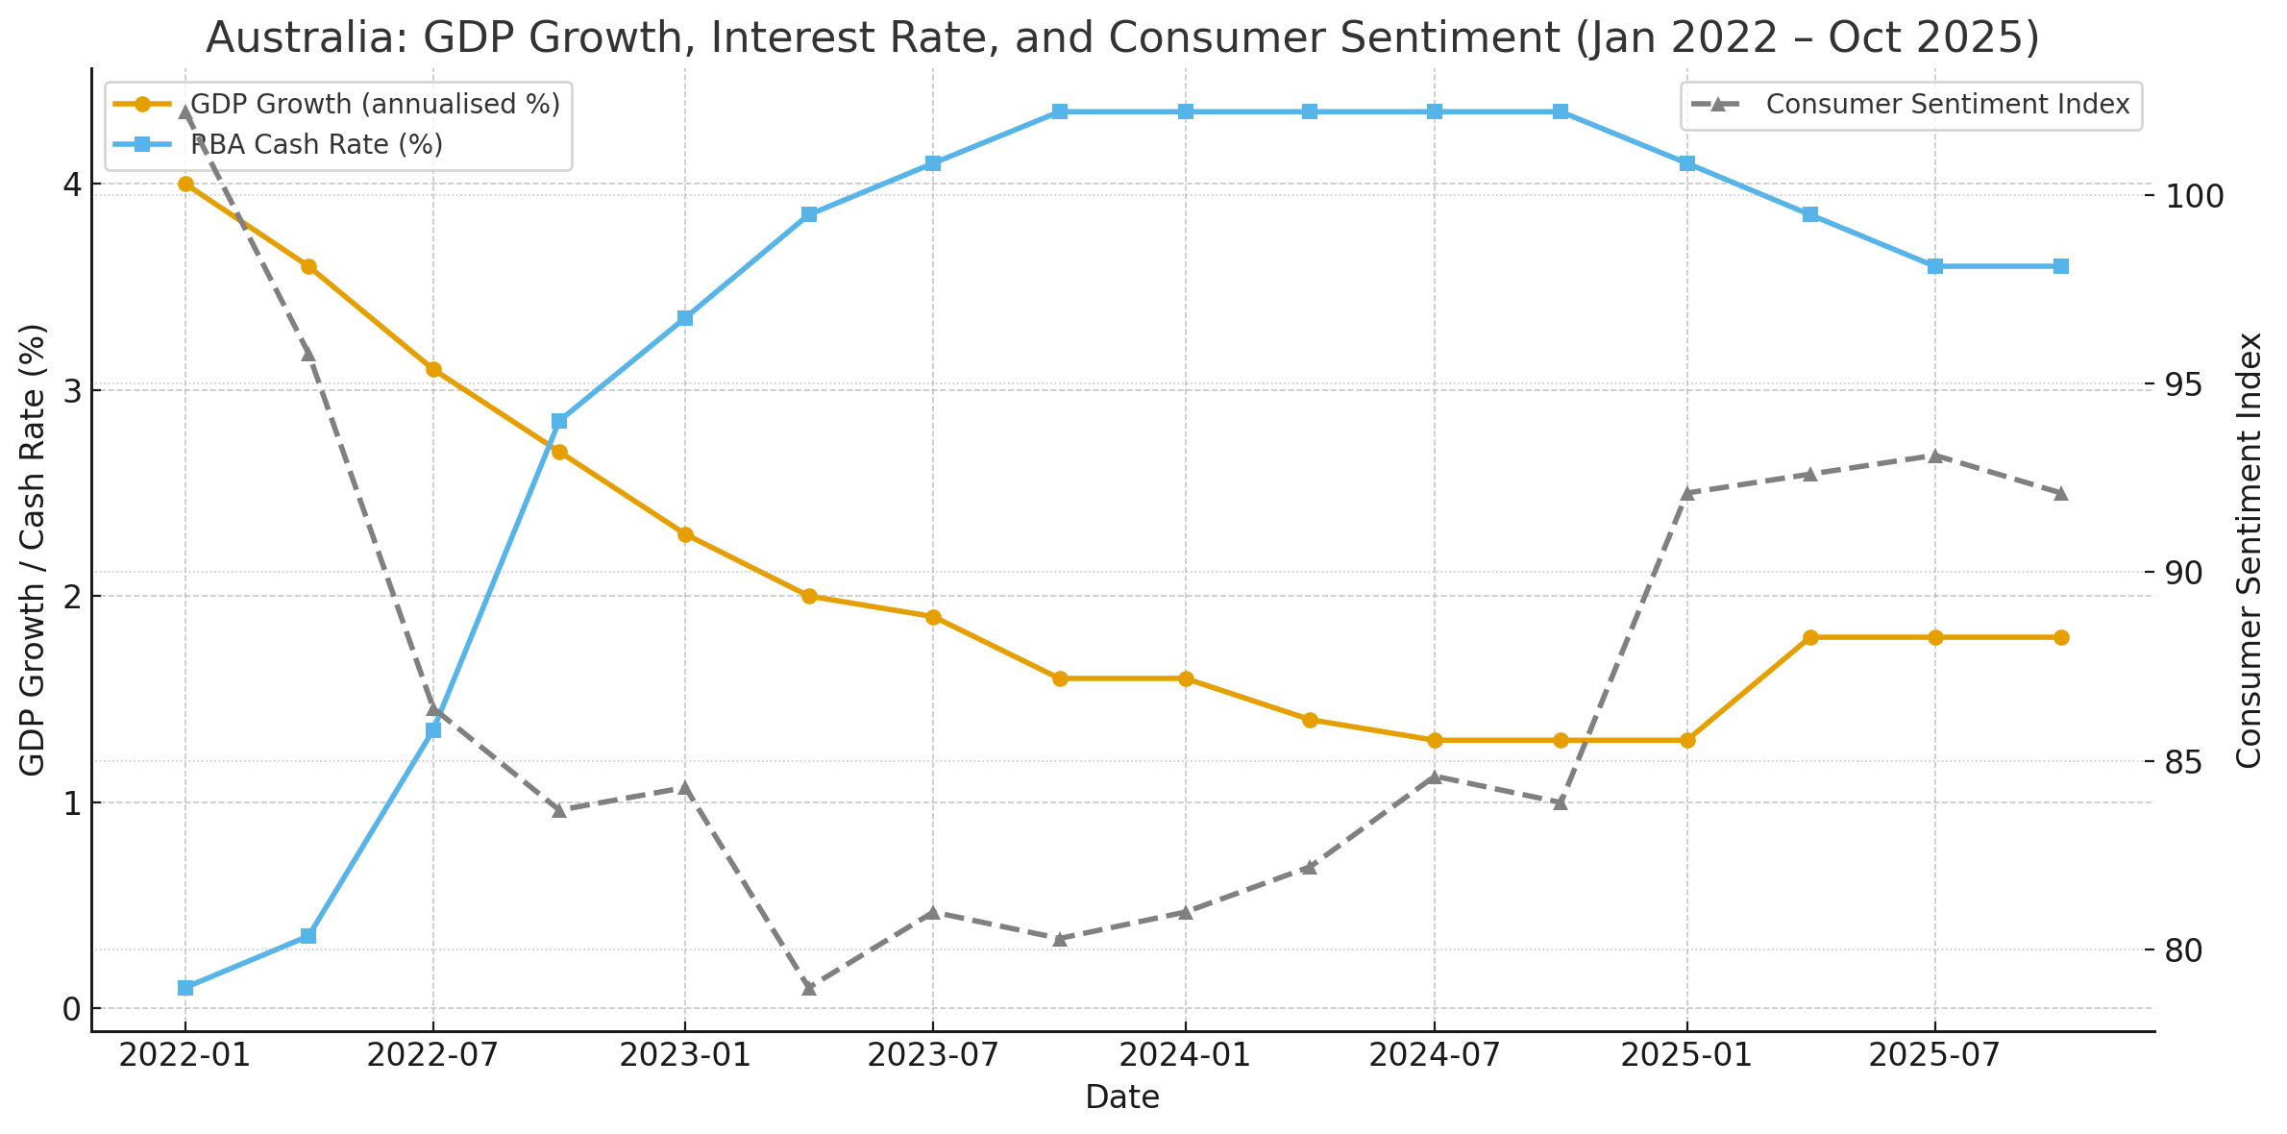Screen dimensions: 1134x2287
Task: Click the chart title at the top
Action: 1122,38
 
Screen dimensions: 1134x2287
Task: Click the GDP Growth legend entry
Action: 375,104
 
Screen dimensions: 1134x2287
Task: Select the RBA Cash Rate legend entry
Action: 317,145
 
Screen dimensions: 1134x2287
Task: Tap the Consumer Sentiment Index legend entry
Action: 1947,104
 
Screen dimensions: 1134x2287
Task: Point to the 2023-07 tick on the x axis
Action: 932,1055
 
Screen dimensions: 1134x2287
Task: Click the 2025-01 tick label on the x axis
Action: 1686,1055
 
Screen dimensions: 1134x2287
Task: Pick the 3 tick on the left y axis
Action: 71,390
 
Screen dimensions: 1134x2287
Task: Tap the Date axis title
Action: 1122,1097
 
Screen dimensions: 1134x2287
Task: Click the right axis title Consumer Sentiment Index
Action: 2249,550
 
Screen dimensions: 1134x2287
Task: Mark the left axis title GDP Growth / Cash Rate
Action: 33,550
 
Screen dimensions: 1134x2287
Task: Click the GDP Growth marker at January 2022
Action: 185,185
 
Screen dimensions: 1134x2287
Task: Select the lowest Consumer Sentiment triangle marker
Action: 809,988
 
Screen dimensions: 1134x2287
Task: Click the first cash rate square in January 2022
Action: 185,988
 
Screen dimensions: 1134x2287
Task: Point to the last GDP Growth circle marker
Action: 2061,637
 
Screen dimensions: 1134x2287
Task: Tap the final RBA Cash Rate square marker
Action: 2061,266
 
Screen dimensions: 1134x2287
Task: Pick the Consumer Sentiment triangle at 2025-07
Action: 1935,456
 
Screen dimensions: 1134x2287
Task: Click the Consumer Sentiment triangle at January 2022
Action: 185,112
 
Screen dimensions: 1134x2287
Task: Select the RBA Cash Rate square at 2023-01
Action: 685,318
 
